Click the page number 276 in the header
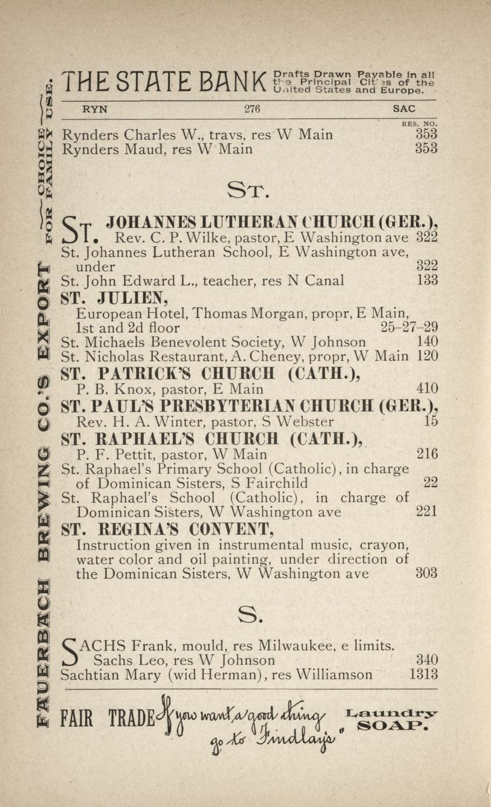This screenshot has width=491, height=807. pyautogui.click(x=252, y=109)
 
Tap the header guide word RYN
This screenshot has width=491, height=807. pyautogui.click(x=95, y=109)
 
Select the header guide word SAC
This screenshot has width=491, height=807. pyautogui.click(x=404, y=109)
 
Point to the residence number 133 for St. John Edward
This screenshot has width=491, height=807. pyautogui.click(x=427, y=280)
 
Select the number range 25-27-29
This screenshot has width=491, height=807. pyautogui.click(x=409, y=327)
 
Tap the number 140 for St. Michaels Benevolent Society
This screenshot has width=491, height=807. pyautogui.click(x=427, y=342)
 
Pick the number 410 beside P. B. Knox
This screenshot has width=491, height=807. pyautogui.click(x=427, y=388)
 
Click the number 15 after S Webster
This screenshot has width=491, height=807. pyautogui.click(x=431, y=421)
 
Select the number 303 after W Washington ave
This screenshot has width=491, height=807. pyautogui.click(x=426, y=573)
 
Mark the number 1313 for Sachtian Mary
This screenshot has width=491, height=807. pyautogui.click(x=423, y=675)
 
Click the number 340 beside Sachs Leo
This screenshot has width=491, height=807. pyautogui.click(x=427, y=660)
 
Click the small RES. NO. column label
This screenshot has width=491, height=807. pyautogui.click(x=419, y=124)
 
